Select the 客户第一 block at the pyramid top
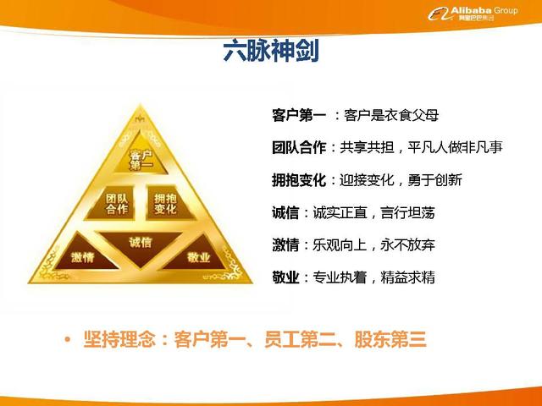click(x=141, y=159)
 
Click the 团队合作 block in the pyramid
click(x=117, y=203)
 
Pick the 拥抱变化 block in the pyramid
click(x=165, y=203)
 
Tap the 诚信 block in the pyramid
click(x=141, y=243)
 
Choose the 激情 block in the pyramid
click(x=82, y=256)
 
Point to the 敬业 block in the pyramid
click(x=198, y=256)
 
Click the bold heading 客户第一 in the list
click(x=299, y=114)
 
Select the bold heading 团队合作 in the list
click(x=299, y=147)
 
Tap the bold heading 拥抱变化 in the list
click(x=299, y=180)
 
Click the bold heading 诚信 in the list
click(x=286, y=212)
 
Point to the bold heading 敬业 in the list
click(x=286, y=277)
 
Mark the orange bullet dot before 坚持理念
click(x=67, y=341)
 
